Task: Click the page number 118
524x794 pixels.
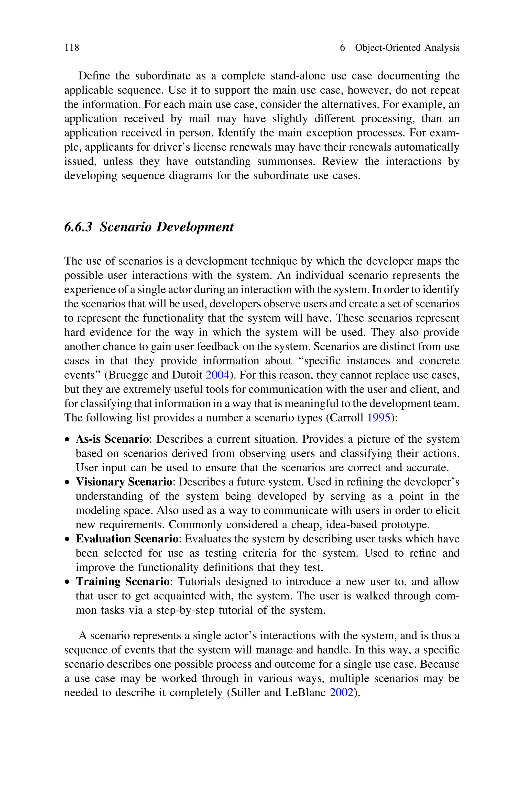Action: tap(72, 48)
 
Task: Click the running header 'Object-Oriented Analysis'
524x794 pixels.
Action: tap(407, 48)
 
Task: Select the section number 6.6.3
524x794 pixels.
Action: tap(78, 227)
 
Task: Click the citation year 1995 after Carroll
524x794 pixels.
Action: tap(379, 418)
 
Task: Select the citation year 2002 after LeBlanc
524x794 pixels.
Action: tap(341, 692)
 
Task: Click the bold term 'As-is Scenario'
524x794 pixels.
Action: tap(112, 439)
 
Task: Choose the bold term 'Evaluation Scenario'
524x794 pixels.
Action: tap(127, 539)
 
